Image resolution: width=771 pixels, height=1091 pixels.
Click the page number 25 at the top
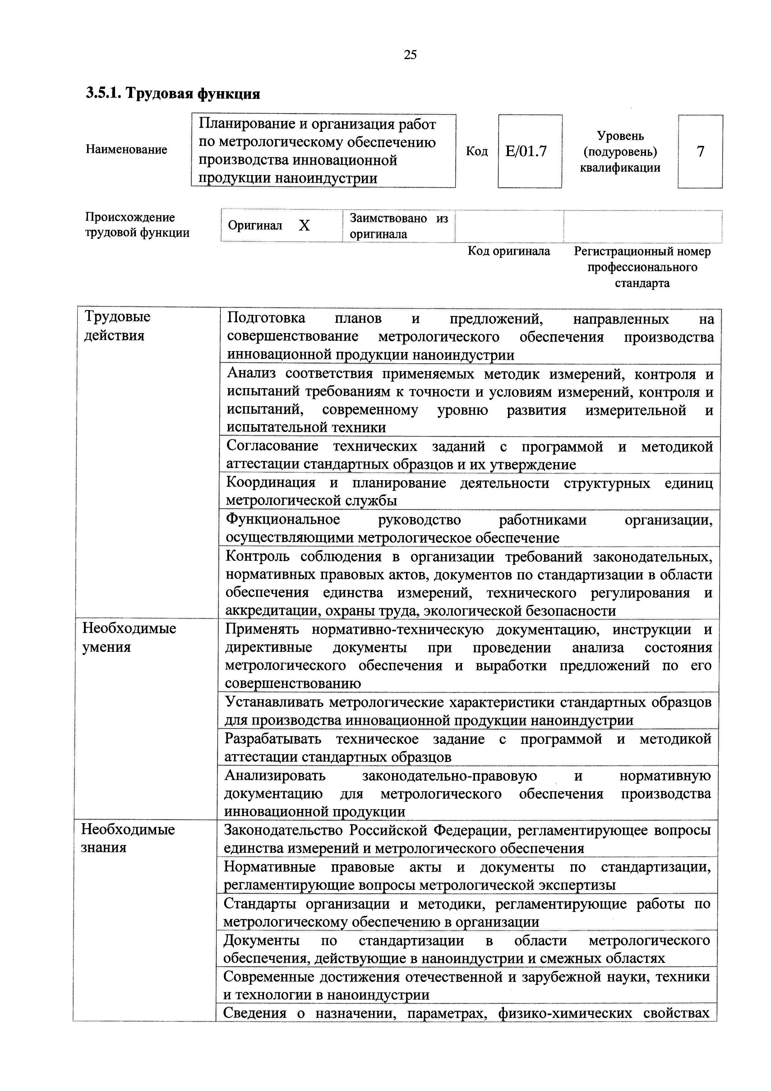pos(410,55)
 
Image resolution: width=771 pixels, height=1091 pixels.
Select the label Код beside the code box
pos(477,151)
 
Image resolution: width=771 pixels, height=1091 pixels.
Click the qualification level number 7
pos(700,151)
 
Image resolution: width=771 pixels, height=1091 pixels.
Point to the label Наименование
pos(126,150)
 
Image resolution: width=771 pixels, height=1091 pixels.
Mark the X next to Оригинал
pos(304,226)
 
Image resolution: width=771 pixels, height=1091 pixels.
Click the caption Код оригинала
pos(509,251)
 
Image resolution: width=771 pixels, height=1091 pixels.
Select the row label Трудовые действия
pos(117,326)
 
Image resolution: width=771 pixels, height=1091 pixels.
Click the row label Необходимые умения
pos(129,638)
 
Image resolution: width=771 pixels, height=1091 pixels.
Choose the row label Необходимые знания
pos(128,839)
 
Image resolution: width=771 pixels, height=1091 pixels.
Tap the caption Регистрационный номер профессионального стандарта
pos(642,267)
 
